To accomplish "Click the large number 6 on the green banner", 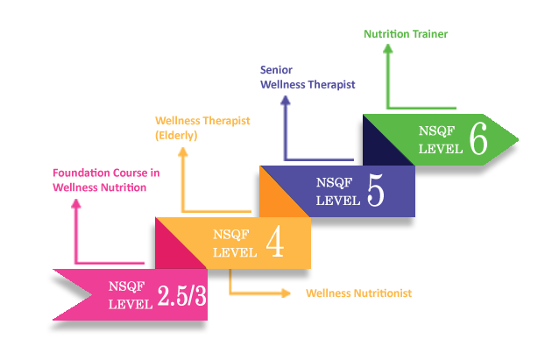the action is click(478, 138).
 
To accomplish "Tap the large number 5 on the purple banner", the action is click(376, 190).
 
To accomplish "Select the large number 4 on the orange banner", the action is click(275, 242).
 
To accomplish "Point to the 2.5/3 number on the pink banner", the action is click(181, 295).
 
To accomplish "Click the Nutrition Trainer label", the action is click(406, 34).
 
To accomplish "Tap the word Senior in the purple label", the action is click(276, 70).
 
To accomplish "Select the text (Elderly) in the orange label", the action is click(176, 136).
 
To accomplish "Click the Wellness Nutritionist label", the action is click(358, 293).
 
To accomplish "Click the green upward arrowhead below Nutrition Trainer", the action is click(388, 48).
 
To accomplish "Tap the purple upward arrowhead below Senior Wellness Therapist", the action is click(286, 101).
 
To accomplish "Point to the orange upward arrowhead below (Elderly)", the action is click(183, 152).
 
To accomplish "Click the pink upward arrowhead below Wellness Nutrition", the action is click(76, 204).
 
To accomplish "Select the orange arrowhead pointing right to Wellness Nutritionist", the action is click(286, 293).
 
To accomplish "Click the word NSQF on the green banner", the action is click(436, 131).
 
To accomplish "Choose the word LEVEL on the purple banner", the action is click(337, 201).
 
